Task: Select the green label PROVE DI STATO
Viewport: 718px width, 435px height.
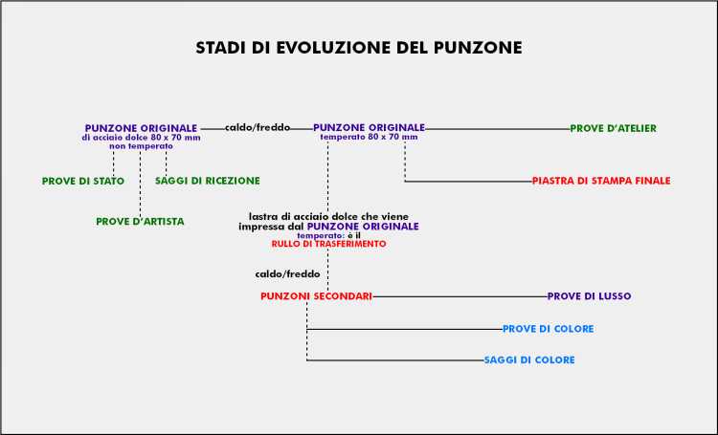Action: pyautogui.click(x=83, y=181)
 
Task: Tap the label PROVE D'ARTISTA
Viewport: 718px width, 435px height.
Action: pyautogui.click(x=140, y=222)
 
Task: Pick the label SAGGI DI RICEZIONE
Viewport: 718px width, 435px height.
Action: pyautogui.click(x=208, y=181)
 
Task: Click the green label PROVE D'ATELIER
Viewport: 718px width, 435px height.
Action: pyautogui.click(x=613, y=128)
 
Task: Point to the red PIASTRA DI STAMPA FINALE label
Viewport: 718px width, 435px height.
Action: pyautogui.click(x=601, y=181)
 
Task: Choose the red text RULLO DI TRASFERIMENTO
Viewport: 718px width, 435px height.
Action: pyautogui.click(x=328, y=244)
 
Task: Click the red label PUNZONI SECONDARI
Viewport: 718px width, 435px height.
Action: pyautogui.click(x=317, y=296)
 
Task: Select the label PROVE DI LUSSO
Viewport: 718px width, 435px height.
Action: pyautogui.click(x=590, y=296)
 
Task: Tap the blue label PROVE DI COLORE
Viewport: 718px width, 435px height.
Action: pyautogui.click(x=549, y=329)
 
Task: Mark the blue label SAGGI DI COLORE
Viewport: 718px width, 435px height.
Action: pyautogui.click(x=529, y=360)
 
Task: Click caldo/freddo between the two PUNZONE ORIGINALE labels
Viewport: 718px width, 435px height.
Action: pyautogui.click(x=258, y=127)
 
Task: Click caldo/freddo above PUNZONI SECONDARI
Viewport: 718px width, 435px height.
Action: pyautogui.click(x=287, y=274)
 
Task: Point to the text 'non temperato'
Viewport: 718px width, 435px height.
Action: pyautogui.click(x=141, y=146)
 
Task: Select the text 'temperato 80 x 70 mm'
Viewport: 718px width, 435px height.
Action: pyautogui.click(x=370, y=137)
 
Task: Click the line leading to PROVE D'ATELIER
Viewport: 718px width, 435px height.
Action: pyautogui.click(x=498, y=129)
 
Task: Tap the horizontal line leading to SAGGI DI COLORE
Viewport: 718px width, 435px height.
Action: pyautogui.click(x=395, y=360)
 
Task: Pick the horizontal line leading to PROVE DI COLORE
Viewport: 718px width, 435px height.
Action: pyautogui.click(x=405, y=329)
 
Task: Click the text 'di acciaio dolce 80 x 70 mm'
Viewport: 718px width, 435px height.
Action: pyautogui.click(x=141, y=138)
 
